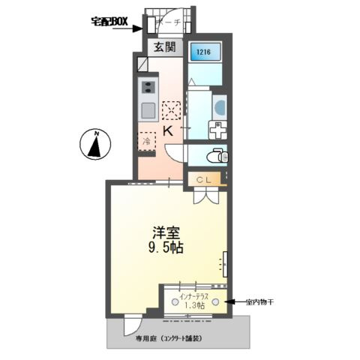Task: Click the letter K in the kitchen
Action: coord(168,131)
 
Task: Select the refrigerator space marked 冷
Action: coord(146,139)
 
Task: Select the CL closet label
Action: coord(204,179)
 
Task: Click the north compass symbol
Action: coord(96,145)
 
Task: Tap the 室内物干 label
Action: coord(262,303)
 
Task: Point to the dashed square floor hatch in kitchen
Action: coord(172,109)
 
